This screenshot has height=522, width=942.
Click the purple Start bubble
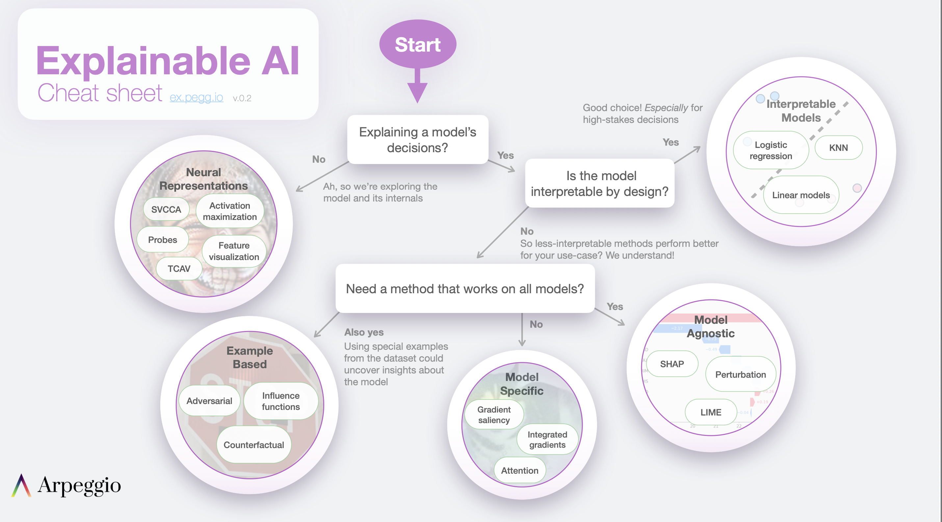(418, 44)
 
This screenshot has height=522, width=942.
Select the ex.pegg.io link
(196, 97)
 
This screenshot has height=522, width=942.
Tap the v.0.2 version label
(242, 98)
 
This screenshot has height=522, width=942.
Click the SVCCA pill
(167, 209)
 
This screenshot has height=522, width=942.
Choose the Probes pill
(163, 240)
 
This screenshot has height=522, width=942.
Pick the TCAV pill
(179, 269)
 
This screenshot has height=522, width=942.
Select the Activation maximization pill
(230, 211)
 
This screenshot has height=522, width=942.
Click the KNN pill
(839, 148)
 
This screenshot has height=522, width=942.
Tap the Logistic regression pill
(771, 150)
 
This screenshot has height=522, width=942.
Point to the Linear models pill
(801, 195)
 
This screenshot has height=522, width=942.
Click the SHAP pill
(672, 364)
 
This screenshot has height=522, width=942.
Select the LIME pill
(711, 412)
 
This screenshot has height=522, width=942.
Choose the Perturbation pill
(741, 374)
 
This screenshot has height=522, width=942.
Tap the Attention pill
(520, 470)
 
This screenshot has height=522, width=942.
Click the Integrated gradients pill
(547, 439)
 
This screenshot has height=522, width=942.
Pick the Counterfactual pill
(254, 444)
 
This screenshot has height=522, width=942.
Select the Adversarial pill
(210, 401)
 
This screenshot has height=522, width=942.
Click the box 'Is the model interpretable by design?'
(600, 183)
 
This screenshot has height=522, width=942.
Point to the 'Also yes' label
(364, 332)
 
